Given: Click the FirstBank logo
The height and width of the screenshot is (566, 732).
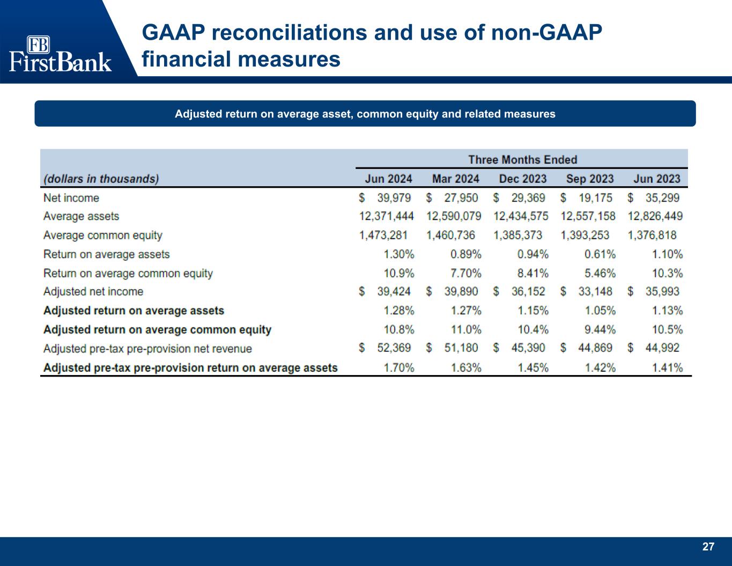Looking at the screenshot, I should point(60,54).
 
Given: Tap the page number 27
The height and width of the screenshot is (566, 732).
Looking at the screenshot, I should point(708,547).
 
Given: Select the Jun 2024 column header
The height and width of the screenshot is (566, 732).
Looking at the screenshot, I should point(389,179).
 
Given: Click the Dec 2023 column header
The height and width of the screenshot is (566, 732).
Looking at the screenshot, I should point(523,179).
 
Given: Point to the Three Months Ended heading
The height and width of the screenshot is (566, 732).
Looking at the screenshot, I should point(522,160).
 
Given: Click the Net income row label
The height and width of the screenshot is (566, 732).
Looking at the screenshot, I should point(71,198).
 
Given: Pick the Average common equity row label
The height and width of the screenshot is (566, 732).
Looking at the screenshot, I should point(102,235).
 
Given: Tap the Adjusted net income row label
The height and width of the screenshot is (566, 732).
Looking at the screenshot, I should point(93,291).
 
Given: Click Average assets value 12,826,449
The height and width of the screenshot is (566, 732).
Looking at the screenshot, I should point(655,216).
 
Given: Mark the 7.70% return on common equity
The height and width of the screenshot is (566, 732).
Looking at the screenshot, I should point(465,273).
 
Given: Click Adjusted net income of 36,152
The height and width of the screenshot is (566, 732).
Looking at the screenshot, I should point(528,291).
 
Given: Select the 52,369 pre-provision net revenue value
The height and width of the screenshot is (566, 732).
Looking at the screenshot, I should point(394,348).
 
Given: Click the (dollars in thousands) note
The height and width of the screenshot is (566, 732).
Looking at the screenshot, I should point(101,179).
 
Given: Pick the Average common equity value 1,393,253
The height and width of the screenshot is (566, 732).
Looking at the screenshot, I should point(585,235).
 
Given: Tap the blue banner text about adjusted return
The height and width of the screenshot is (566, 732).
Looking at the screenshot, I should point(365,114).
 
